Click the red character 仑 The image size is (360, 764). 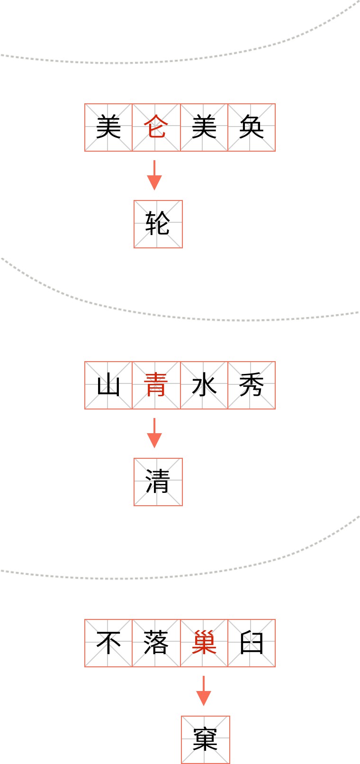click(x=156, y=127)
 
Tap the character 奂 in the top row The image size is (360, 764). click(x=252, y=127)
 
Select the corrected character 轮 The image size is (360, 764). click(x=158, y=224)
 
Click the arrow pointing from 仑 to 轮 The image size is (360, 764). click(x=154, y=175)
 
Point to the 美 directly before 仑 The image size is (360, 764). click(x=108, y=127)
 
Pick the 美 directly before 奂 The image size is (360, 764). click(x=204, y=127)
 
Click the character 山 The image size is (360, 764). click(x=108, y=385)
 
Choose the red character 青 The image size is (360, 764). click(x=156, y=385)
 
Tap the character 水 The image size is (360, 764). click(x=204, y=385)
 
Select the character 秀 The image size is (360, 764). click(x=252, y=385)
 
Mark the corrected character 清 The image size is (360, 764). click(x=158, y=482)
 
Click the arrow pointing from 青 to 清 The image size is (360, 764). click(x=154, y=433)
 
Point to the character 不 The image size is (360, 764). click(x=108, y=643)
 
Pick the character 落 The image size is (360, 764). click(x=156, y=643)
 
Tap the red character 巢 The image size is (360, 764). click(x=204, y=643)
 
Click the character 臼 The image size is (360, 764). click(x=252, y=643)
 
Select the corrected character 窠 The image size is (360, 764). click(x=205, y=740)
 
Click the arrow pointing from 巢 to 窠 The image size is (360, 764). click(x=204, y=691)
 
